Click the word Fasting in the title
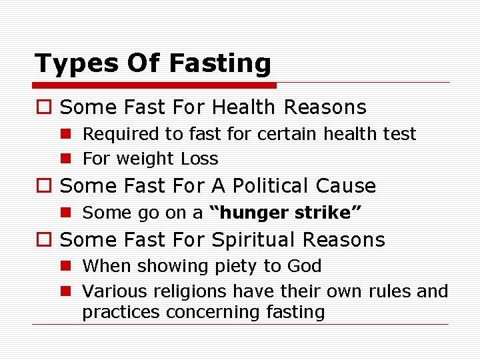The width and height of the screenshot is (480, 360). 220,63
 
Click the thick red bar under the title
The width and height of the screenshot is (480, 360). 155,85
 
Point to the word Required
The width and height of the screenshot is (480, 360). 121,134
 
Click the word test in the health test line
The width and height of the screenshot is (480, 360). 401,134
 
